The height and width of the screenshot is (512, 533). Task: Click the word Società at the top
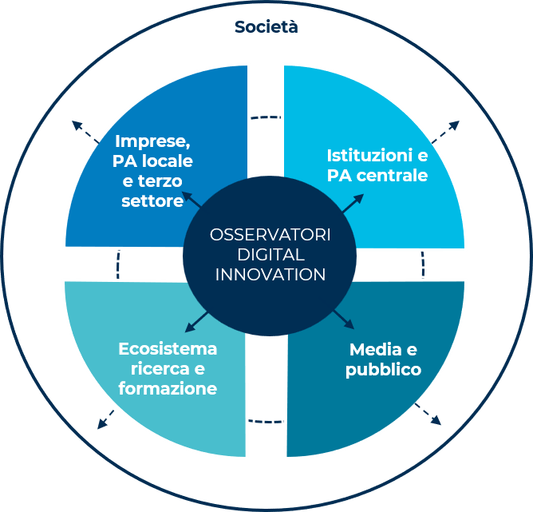[x=266, y=28]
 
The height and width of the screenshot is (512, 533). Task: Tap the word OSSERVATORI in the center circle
[x=270, y=235]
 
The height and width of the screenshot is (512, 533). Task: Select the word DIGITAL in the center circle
[x=270, y=255]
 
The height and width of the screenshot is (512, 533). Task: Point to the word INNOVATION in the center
[x=270, y=274]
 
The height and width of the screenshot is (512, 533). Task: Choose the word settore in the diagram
[x=152, y=201]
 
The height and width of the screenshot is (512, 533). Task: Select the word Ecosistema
[x=168, y=349]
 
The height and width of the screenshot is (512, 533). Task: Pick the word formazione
[x=168, y=389]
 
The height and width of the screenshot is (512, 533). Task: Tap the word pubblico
[x=383, y=371]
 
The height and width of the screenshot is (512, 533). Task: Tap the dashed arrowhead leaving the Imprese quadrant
[x=77, y=125]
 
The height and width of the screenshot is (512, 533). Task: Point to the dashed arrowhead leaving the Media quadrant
[x=436, y=421]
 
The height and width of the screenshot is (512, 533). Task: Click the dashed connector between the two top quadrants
[x=265, y=118]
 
